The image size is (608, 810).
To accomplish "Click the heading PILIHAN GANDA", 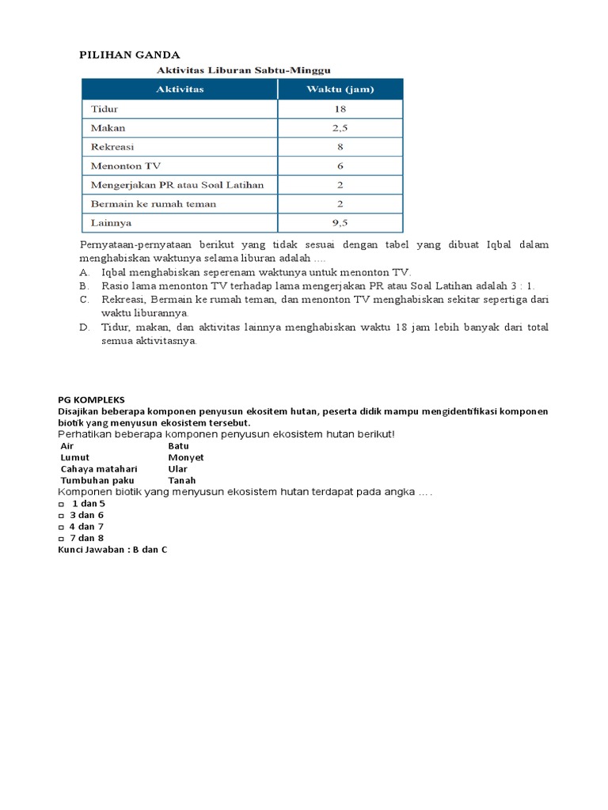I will coord(130,55).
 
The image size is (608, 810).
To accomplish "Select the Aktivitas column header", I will coord(179,89).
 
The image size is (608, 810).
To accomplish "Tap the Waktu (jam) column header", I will coord(340,89).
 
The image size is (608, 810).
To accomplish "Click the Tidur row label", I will coord(104,109).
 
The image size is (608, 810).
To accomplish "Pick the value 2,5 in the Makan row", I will coord(340,128).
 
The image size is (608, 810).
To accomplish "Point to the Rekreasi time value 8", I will coord(340,147).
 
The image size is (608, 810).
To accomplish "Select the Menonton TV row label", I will coord(127,166).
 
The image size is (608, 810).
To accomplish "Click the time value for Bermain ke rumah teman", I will coord(340,204).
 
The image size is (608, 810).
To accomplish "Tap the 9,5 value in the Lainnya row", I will coord(340,223).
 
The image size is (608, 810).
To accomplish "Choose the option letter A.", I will coord(83,272).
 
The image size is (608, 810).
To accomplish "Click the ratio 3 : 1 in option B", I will coord(522,286).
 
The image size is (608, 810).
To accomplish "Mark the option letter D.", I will coord(83,327).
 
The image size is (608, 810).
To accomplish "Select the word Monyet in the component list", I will coord(186,458).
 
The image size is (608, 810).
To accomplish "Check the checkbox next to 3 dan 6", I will coord(61,515).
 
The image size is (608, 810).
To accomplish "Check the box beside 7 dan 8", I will coord(61,538).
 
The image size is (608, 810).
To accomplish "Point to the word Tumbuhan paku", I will coord(97,481).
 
